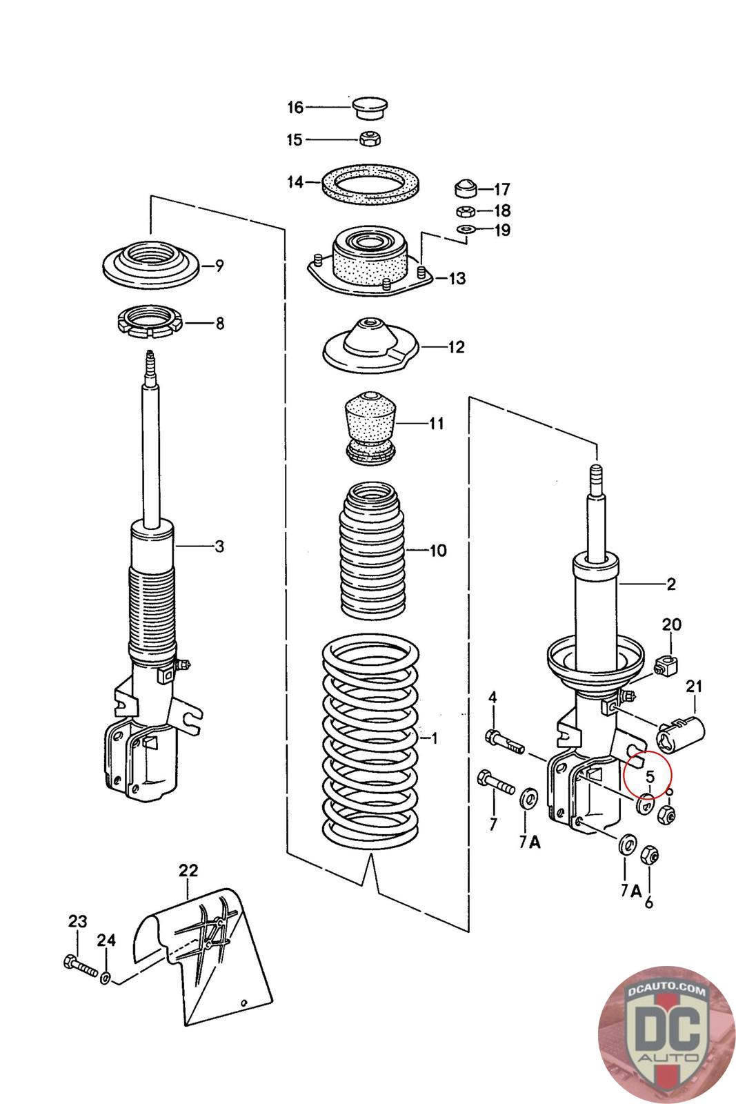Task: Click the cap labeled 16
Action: coord(370,108)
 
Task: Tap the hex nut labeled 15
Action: coord(370,138)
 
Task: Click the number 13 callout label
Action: coord(457,279)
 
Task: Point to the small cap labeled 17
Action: coord(467,188)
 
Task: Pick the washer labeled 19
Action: coord(466,228)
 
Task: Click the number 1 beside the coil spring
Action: coord(434,738)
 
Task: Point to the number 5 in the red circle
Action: coord(649,776)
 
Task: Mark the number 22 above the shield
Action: coord(188,871)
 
